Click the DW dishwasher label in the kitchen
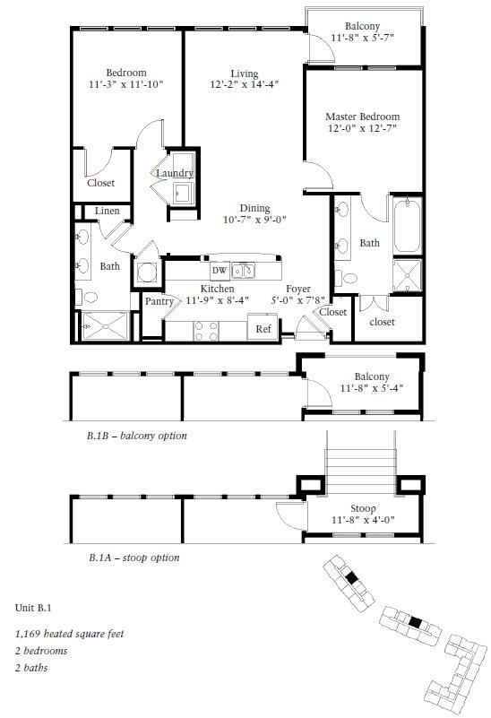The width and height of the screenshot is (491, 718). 220,270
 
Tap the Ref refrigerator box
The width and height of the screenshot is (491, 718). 263,327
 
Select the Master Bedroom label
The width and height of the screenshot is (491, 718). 362,117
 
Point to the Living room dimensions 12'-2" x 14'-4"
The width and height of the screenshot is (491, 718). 245,85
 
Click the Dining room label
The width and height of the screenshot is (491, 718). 254,209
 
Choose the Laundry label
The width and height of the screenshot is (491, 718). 175,173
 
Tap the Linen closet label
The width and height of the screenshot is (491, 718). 108,211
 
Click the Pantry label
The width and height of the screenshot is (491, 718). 159,301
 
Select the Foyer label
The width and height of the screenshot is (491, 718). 298,290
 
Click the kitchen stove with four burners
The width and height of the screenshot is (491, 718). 206,331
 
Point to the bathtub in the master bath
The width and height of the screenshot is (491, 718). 407,225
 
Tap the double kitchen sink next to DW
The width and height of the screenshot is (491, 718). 243,270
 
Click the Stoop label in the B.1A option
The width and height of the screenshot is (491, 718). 363,509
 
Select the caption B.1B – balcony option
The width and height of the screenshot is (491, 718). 137,436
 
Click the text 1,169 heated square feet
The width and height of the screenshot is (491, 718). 69,634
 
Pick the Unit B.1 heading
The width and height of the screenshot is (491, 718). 33,608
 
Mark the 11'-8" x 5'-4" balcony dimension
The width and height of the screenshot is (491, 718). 371,388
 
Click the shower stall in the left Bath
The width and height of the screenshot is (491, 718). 105,326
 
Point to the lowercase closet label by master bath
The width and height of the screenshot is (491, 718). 382,322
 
